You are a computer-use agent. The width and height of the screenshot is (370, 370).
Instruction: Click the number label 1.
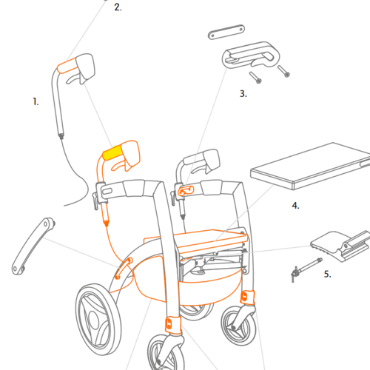pyautogui.click(x=36, y=101)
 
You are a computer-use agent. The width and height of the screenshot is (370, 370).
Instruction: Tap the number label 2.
pyautogui.click(x=118, y=7)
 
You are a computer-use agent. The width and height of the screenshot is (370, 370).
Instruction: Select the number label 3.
pyautogui.click(x=243, y=94)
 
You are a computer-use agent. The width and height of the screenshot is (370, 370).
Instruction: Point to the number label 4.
pyautogui.click(x=295, y=206)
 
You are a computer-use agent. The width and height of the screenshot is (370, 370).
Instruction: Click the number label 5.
pyautogui.click(x=327, y=274)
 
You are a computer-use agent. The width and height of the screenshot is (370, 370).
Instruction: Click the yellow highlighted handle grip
pyautogui.click(x=112, y=152)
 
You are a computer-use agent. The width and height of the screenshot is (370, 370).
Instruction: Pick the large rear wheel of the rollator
pyautogui.click(x=98, y=320)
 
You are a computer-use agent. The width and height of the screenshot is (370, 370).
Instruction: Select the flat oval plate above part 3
pyautogui.click(x=226, y=32)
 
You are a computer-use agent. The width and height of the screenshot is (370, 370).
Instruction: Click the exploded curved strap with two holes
pyautogui.click(x=33, y=246)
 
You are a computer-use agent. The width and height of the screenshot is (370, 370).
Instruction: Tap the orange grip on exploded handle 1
pyautogui.click(x=67, y=66)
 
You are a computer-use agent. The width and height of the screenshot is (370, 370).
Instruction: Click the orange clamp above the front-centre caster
pyautogui.click(x=173, y=324)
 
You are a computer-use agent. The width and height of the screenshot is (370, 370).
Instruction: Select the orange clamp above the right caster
pyautogui.click(x=247, y=297)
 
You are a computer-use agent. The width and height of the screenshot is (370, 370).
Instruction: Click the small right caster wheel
pyautogui.click(x=238, y=326)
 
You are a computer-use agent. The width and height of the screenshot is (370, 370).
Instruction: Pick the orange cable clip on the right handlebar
pyautogui.click(x=186, y=191)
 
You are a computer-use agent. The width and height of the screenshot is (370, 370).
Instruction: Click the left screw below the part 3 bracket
pyautogui.click(x=255, y=78)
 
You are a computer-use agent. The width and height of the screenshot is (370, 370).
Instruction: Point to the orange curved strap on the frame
pyautogui.click(x=124, y=268)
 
